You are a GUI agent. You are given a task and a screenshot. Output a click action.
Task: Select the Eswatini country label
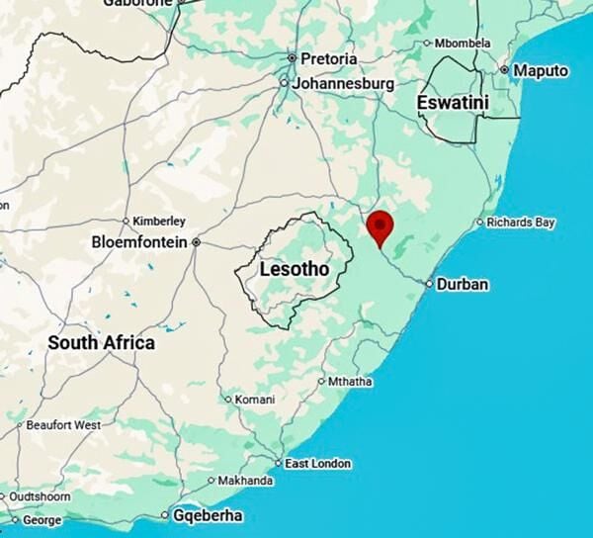(451, 102)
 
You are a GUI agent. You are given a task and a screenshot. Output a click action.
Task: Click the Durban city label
(463, 285)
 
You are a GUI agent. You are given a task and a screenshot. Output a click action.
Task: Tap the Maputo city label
(541, 71)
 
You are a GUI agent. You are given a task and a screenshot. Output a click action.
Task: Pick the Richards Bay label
(522, 223)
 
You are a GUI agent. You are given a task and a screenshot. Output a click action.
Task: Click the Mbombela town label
(462, 43)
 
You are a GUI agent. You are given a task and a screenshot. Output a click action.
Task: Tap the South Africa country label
(102, 343)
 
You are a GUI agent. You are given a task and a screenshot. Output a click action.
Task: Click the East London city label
(317, 463)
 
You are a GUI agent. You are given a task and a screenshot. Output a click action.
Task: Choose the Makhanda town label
(244, 481)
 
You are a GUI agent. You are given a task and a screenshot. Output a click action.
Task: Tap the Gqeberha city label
(208, 515)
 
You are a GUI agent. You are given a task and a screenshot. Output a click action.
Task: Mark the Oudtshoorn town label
(40, 496)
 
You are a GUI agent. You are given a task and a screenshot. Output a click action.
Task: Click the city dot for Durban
(429, 285)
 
